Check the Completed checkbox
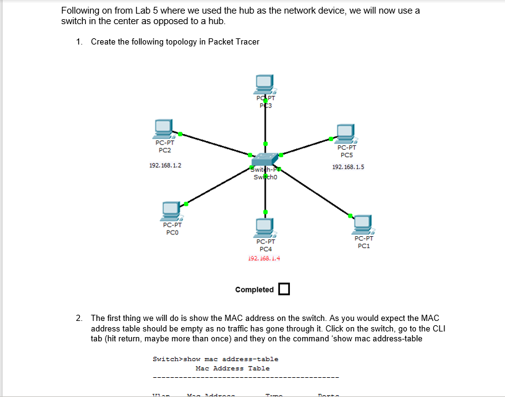tap(284, 289)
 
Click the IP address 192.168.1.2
tap(166, 166)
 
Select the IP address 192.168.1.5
tap(348, 167)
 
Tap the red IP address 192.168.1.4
tap(264, 258)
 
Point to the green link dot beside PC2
tap(180, 134)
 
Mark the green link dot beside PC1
tap(350, 215)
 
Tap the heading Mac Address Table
tap(232, 369)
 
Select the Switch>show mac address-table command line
tap(215, 359)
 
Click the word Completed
tap(254, 290)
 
